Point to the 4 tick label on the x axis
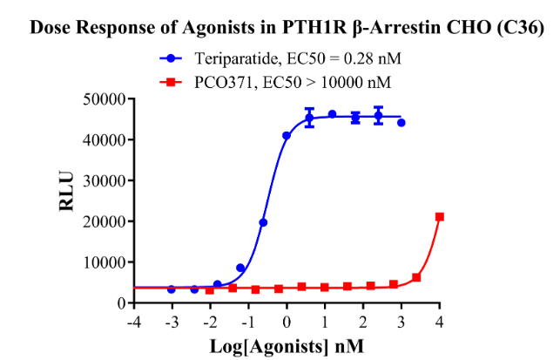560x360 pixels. (x=440, y=320)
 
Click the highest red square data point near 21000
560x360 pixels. (x=440, y=216)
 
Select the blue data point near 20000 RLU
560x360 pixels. (x=263, y=222)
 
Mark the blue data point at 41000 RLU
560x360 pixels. (x=287, y=135)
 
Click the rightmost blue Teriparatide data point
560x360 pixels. (x=401, y=123)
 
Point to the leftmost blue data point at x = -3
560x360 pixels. (x=172, y=289)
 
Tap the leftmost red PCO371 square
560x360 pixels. (x=209, y=289)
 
